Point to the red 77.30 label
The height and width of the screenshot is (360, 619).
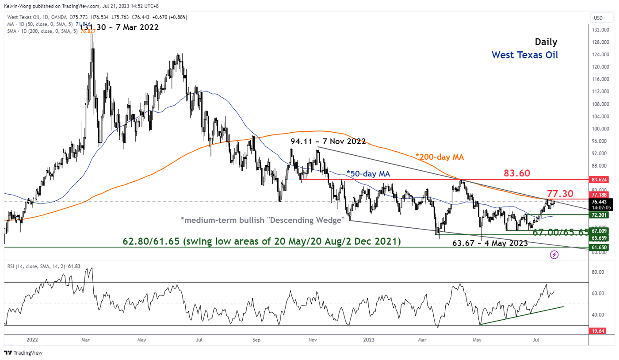coord(561,193)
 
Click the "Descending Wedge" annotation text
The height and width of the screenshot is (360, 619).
coord(263,220)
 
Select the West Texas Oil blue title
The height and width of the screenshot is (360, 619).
coord(525,55)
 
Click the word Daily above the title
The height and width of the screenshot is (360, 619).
coord(546,42)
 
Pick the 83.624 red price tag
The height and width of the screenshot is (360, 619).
coord(600,180)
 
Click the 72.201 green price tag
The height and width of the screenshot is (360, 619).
coord(600,215)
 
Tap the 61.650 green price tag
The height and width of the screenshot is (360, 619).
coord(600,248)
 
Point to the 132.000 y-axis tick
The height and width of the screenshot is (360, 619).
coord(600,30)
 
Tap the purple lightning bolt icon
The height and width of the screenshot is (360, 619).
coord(554,255)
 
